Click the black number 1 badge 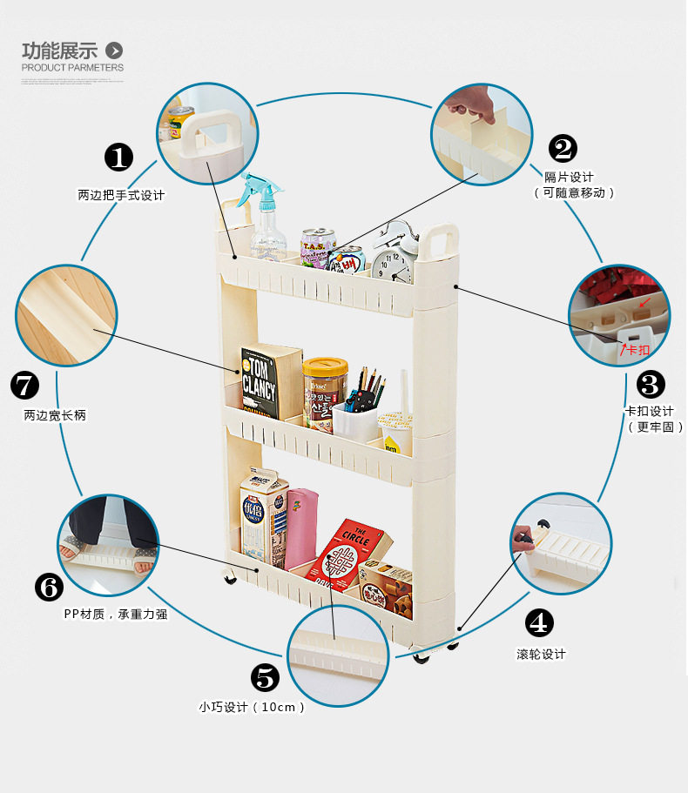(118, 158)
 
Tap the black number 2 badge (562, 149)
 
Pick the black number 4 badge (539, 622)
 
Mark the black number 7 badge (24, 385)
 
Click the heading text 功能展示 (59, 50)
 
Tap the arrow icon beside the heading (114, 50)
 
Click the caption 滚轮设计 (541, 654)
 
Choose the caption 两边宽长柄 (55, 416)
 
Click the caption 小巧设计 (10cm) (252, 707)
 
